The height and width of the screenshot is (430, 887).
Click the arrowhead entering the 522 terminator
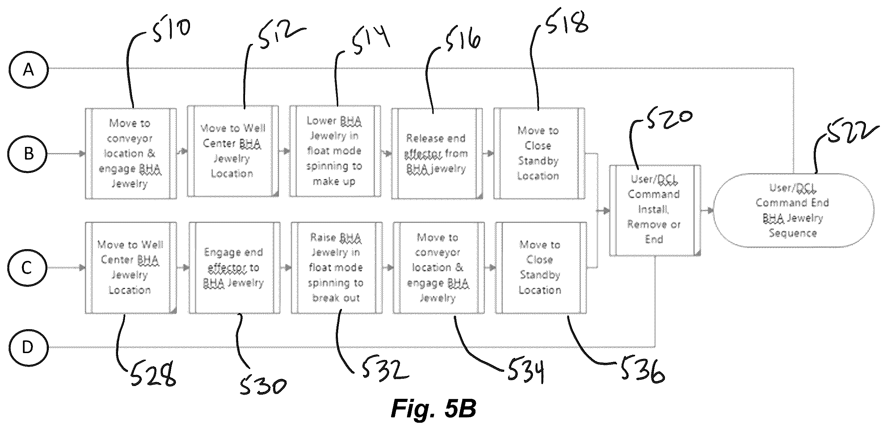(x=710, y=210)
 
